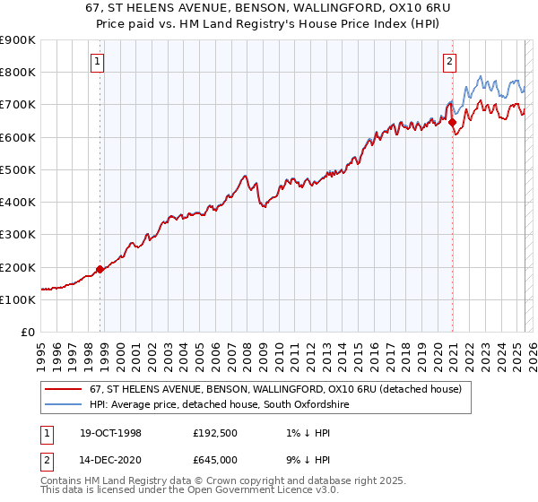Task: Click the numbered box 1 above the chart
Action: coord(97,62)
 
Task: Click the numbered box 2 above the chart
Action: coord(449,62)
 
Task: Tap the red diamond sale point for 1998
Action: coord(100,269)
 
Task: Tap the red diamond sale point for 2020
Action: coord(453,123)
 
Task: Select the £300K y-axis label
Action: coord(18,235)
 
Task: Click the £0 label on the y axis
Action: coord(27,333)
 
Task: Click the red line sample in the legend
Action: coord(63,389)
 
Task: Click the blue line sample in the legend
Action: coord(63,405)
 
